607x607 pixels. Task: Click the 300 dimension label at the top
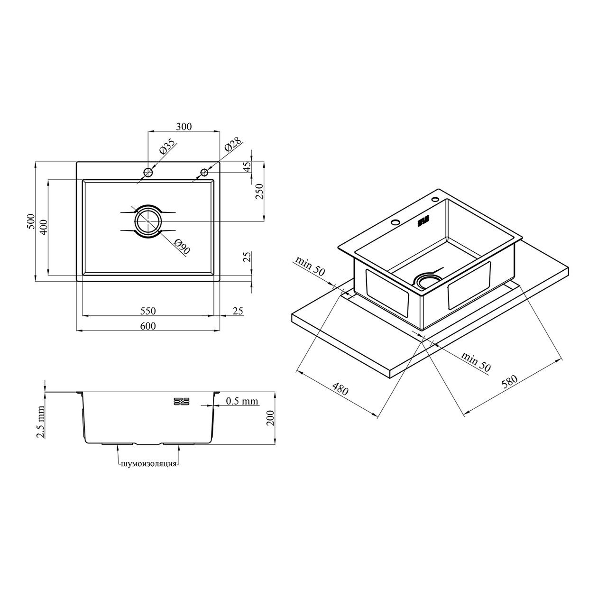point(184,127)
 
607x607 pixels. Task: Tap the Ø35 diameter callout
point(167,146)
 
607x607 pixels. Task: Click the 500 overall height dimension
point(30,221)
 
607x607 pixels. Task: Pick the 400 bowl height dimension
point(44,227)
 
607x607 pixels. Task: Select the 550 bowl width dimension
point(148,311)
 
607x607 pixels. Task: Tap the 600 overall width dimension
point(148,326)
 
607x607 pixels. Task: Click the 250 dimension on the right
point(259,191)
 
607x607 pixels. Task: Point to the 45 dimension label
point(248,166)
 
